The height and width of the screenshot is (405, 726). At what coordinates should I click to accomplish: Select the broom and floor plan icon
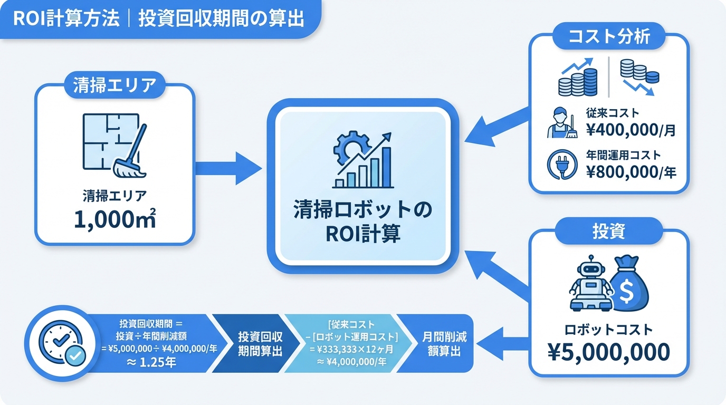point(114,145)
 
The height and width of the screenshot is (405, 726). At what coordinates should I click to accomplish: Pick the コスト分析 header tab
point(608,37)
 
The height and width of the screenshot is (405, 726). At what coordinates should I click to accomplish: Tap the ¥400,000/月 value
point(630,129)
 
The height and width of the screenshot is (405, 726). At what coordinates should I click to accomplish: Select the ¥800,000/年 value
point(631,172)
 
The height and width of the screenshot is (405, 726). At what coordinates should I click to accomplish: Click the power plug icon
point(562,165)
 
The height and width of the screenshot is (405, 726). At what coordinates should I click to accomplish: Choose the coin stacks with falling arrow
point(638,76)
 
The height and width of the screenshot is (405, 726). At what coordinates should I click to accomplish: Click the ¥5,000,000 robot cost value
point(609,351)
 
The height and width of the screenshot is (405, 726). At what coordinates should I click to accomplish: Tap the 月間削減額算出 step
point(444,343)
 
